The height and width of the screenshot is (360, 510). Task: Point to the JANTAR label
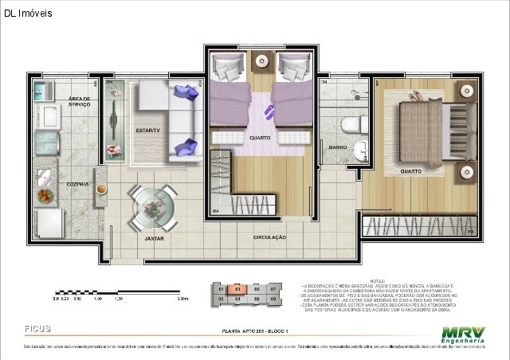click(154, 238)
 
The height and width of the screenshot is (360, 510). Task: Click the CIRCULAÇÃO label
click(270, 237)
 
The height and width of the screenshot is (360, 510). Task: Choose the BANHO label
click(337, 148)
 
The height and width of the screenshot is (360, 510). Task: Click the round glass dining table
click(152, 205)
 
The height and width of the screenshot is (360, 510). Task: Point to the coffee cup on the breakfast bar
click(102, 189)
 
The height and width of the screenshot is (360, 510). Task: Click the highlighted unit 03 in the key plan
click(237, 289)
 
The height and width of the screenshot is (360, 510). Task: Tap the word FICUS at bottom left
click(39, 327)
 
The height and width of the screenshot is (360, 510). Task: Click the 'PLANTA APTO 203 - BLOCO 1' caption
click(255, 331)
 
